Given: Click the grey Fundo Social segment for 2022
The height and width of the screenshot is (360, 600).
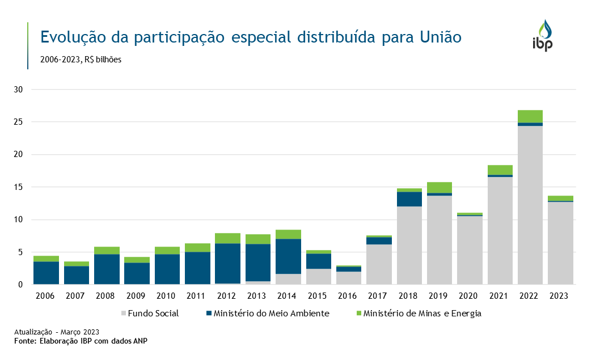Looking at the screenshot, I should click(530, 205).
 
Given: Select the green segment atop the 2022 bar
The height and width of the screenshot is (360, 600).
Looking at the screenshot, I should click(530, 116).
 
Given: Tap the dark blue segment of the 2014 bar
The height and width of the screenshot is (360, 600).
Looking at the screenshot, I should click(288, 256).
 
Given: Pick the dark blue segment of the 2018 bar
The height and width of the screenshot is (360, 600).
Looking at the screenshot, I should click(409, 199).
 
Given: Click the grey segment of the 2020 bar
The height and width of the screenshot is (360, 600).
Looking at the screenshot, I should click(470, 250).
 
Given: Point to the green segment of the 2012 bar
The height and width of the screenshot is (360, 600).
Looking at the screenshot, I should click(227, 238).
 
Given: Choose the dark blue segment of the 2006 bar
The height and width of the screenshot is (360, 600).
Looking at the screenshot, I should click(46, 273).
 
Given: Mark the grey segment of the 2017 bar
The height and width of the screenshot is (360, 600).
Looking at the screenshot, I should click(379, 264).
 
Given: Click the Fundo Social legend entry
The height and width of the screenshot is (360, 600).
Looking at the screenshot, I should click(150, 314).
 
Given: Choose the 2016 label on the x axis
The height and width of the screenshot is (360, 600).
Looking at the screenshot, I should click(348, 296).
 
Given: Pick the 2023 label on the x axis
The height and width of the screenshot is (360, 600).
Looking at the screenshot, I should click(560, 296).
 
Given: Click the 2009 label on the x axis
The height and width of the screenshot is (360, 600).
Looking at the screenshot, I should click(137, 296).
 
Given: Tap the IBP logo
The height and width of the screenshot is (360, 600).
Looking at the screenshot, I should click(542, 36).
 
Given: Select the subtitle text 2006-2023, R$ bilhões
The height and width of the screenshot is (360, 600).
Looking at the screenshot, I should click(81, 60).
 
